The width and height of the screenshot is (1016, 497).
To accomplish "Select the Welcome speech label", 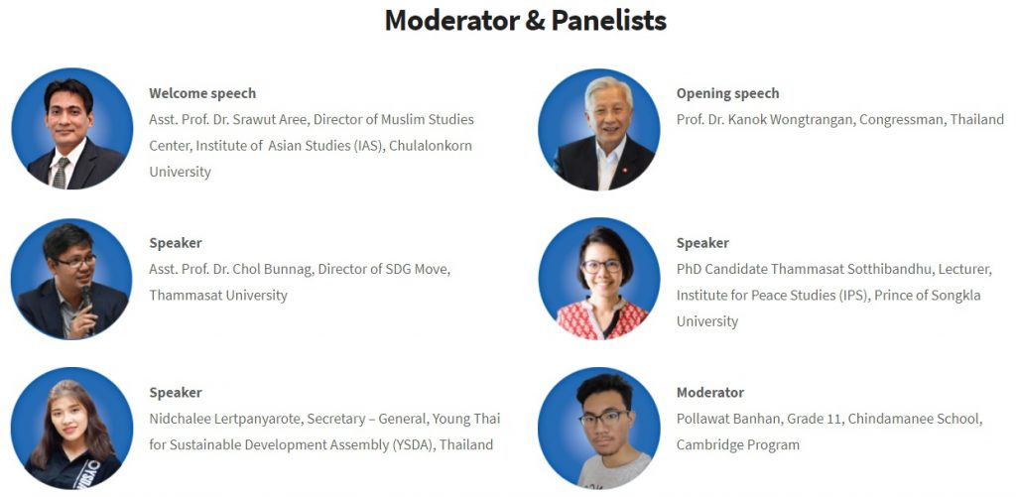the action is [202, 93].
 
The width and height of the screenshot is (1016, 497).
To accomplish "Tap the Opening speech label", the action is [727, 94].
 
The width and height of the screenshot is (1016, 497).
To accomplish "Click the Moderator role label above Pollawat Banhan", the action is [710, 393].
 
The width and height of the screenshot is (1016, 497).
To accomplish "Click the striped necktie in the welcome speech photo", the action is [61, 173].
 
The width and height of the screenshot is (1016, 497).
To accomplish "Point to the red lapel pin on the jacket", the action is [624, 172].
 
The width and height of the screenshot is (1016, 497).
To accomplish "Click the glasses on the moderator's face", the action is [602, 418].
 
